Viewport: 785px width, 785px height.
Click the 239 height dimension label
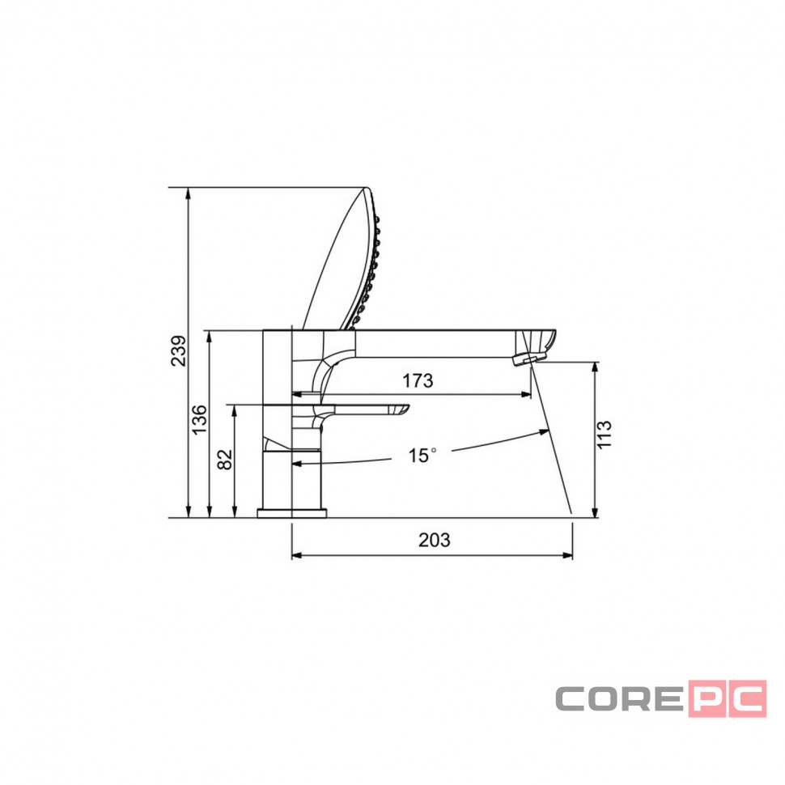[178, 351]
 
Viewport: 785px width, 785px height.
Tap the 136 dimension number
[199, 419]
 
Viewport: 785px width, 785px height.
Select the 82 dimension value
[225, 459]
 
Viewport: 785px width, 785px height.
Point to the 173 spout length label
[418, 381]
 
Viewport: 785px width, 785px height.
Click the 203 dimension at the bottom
[434, 540]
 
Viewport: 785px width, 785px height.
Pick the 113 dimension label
[605, 435]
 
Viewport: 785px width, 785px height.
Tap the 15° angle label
[422, 456]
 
